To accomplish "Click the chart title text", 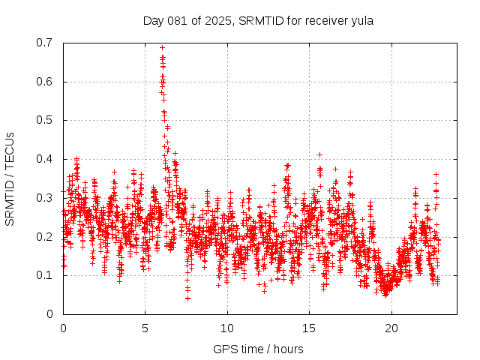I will point(258,20).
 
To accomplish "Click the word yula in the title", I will point(361,20).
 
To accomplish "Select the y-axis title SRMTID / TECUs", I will point(10,178).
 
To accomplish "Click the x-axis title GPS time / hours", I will point(258,349).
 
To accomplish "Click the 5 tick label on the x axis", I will point(145,328).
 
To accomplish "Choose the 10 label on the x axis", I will point(226,328).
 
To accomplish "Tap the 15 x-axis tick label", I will point(308,328).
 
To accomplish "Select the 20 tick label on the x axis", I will point(391,328).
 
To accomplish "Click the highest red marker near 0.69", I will point(162,47).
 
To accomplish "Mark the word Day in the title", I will point(154,20).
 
